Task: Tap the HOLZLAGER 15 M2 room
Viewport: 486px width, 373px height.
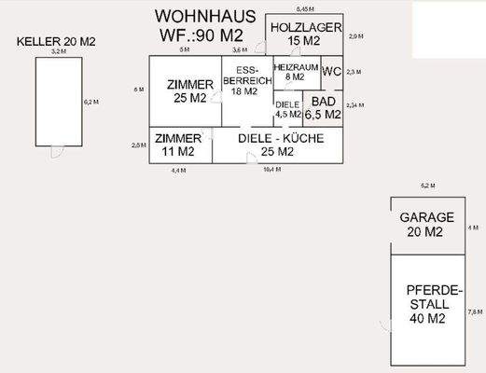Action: [x=303, y=35]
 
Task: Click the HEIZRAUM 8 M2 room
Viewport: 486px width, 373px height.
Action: [x=295, y=73]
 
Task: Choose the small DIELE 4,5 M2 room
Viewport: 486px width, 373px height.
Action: [x=287, y=109]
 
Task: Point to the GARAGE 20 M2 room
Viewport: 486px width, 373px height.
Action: [x=426, y=224]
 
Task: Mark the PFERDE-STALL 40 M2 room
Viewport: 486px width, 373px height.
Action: [x=428, y=305]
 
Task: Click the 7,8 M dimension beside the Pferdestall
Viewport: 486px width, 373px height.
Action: [x=475, y=311]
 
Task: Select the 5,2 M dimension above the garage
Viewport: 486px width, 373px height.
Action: [x=427, y=186]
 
